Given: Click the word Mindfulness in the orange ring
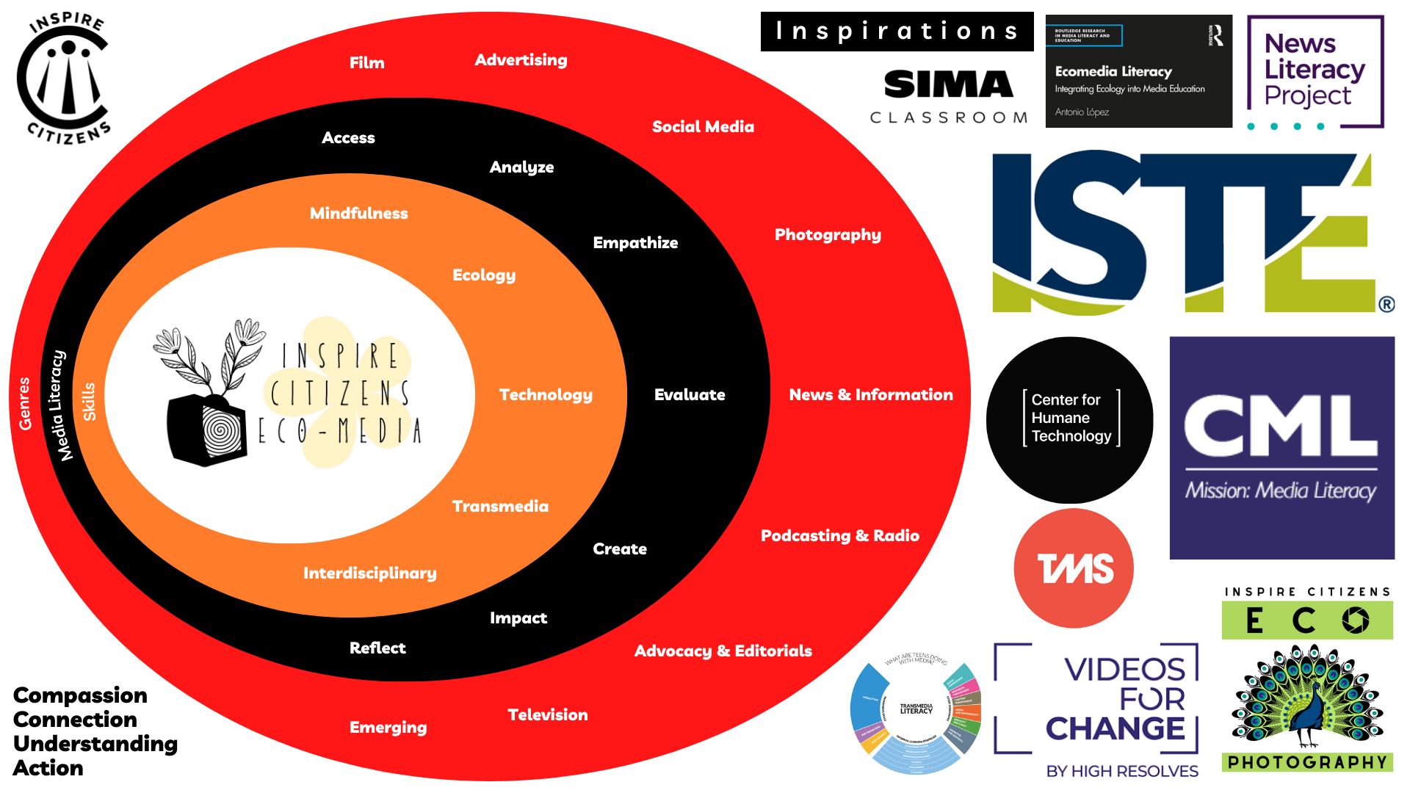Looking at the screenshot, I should pyautogui.click(x=358, y=214).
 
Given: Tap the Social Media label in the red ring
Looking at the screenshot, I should pyautogui.click(x=703, y=127).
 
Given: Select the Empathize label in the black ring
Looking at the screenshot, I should pyautogui.click(x=635, y=243).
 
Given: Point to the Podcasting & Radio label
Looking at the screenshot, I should pyautogui.click(x=839, y=536).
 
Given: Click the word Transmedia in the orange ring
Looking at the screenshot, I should pyautogui.click(x=500, y=507).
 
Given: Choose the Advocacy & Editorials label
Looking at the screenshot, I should pyautogui.click(x=723, y=651).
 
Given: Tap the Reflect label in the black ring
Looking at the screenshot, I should pyautogui.click(x=377, y=648).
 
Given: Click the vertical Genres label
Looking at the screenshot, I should pyautogui.click(x=25, y=403).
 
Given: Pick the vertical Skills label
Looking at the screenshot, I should pyautogui.click(x=89, y=402).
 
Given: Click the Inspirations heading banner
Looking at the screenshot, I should pyautogui.click(x=897, y=32).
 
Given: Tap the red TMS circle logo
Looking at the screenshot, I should pyautogui.click(x=1074, y=568).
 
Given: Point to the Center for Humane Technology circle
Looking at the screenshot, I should pyautogui.click(x=1070, y=419).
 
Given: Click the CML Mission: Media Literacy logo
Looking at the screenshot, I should pyautogui.click(x=1281, y=448).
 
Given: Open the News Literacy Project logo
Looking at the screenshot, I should pyautogui.click(x=1315, y=72).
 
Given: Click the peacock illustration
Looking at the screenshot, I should pyautogui.click(x=1307, y=698).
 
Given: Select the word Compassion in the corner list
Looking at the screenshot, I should pyautogui.click(x=80, y=695).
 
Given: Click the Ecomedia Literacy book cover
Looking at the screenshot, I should pyautogui.click(x=1138, y=71).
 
